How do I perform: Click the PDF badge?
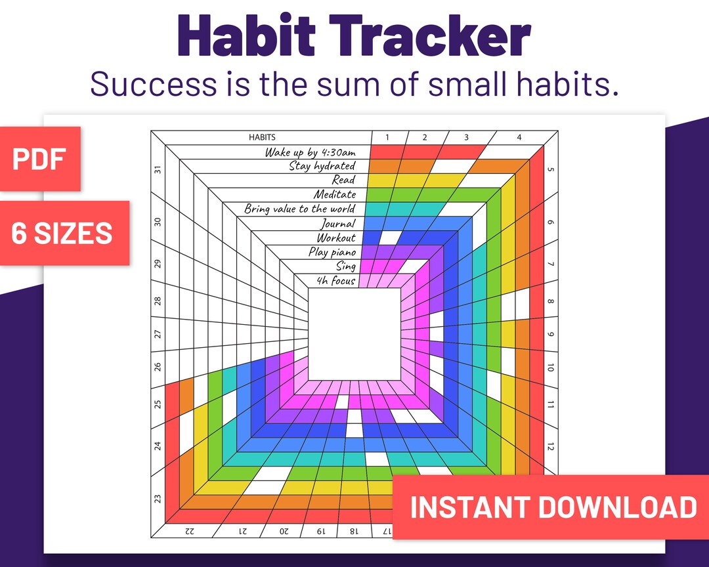click(x=39, y=159)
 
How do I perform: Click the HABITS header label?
click(x=261, y=137)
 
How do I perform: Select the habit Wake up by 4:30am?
click(x=310, y=152)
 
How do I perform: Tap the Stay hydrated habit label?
click(x=322, y=166)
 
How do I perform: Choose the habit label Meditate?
click(x=334, y=195)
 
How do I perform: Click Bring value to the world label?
click(x=299, y=209)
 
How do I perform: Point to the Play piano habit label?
click(x=332, y=252)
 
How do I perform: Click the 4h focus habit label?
click(x=336, y=281)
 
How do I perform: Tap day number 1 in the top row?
click(x=387, y=137)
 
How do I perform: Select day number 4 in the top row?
click(x=519, y=137)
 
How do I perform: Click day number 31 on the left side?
click(x=158, y=169)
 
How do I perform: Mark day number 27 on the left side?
click(x=158, y=334)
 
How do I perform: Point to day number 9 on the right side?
click(x=550, y=333)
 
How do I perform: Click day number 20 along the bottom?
click(x=284, y=530)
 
